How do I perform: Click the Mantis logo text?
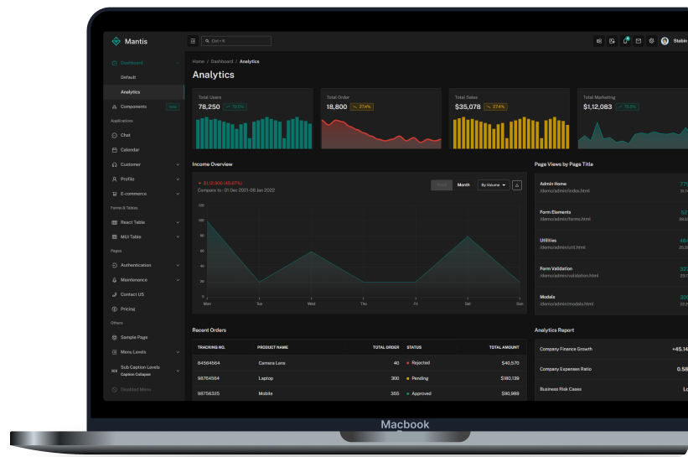click(136, 41)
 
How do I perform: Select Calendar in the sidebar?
click(130, 150)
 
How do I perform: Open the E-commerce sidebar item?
click(133, 194)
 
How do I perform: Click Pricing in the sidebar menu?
click(127, 309)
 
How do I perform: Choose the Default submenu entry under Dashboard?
click(128, 77)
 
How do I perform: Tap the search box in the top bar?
click(236, 41)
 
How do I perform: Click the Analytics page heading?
click(213, 75)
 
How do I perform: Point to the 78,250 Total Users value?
click(210, 106)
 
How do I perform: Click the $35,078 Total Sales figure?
click(468, 106)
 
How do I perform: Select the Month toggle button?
click(463, 184)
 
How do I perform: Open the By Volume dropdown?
click(494, 184)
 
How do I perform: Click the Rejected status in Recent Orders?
click(421, 363)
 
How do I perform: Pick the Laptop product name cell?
click(266, 378)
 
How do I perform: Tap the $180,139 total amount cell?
click(510, 378)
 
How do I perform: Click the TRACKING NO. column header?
click(211, 347)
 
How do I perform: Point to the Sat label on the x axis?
click(468, 304)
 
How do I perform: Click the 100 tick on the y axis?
click(201, 220)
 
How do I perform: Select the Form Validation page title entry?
click(556, 269)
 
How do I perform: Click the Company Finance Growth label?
click(566, 349)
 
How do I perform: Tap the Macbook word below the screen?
click(405, 424)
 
